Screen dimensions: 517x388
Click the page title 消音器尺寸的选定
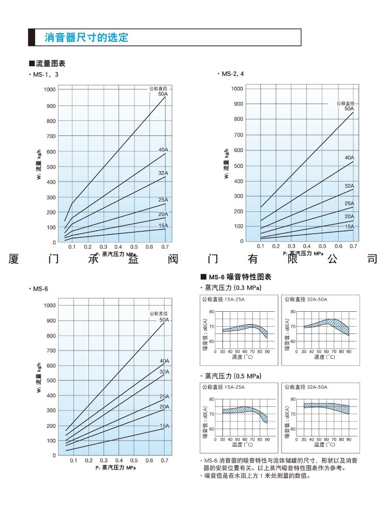coord(86,38)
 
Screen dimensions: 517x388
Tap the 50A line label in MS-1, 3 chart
coord(163,94)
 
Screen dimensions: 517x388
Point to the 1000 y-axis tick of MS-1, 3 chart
coord(49,90)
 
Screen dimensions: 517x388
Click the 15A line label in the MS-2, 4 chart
coord(349,226)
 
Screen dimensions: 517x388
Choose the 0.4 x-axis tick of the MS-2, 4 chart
coord(307,247)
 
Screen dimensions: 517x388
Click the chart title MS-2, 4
coord(232,74)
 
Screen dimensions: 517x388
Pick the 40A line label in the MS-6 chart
coord(164,361)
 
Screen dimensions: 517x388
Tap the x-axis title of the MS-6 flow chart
coord(115,467)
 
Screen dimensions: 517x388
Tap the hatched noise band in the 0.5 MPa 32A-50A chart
coord(326,407)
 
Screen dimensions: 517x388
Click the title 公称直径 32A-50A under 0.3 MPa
coord(306,299)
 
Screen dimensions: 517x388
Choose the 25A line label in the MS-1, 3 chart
coord(163,200)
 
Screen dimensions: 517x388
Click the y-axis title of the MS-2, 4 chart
coord(226,164)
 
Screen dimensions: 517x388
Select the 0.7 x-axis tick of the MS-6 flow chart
coord(165,460)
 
